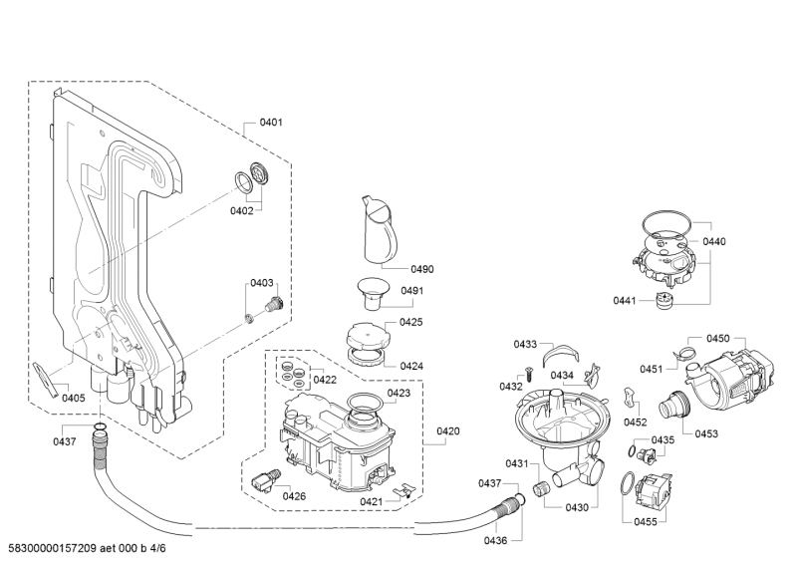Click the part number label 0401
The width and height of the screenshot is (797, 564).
click(271, 123)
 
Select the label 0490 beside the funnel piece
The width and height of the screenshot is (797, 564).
click(421, 269)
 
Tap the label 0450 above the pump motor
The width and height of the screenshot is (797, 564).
click(718, 339)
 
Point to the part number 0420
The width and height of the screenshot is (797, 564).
click(448, 431)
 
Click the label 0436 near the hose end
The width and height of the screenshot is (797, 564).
click(496, 540)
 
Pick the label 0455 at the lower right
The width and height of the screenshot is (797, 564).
click(645, 521)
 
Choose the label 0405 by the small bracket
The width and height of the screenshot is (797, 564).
click(73, 398)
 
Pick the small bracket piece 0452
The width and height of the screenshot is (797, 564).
click(630, 398)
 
